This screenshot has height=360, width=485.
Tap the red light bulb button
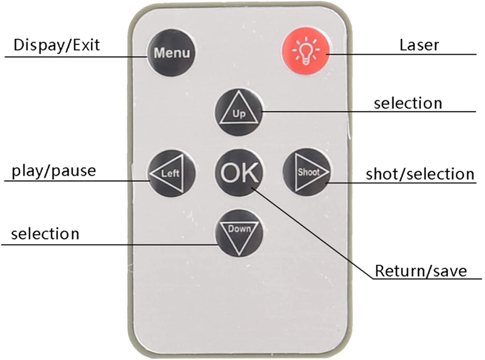coord(306,52)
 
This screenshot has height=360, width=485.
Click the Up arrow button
coord(238,112)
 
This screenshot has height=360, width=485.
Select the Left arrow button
coord(171,173)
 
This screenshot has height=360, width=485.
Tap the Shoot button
coord(306,172)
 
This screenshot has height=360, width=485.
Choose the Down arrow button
coord(238,233)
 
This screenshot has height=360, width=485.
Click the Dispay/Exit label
coord(57,45)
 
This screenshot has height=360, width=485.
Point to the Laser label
coord(419,45)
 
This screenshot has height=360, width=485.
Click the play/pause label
coord(54,171)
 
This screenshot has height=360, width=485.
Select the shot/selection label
coord(420,174)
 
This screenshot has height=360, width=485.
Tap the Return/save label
coord(421,271)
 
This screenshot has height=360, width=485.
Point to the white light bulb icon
coord(306,51)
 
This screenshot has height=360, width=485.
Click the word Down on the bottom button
coord(239,229)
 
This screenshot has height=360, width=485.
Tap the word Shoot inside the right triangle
coord(309,172)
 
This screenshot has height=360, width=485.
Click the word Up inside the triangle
coord(239,114)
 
